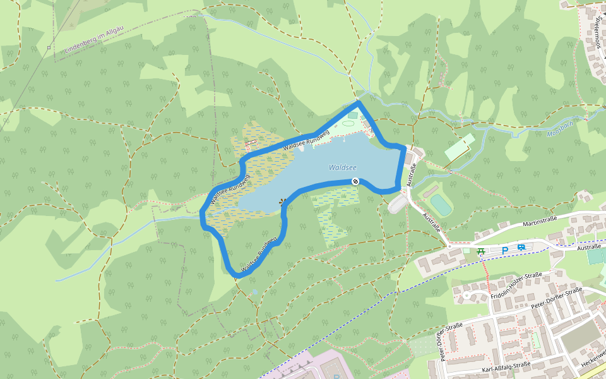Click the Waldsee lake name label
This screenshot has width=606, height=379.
coord(343,167)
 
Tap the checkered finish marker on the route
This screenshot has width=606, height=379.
coord(355,182)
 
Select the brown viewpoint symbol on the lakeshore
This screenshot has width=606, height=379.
coord(282,202)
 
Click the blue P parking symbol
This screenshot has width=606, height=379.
coord(504,251)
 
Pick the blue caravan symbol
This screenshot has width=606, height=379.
coord(521,248)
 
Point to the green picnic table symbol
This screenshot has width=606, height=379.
coord(482,252)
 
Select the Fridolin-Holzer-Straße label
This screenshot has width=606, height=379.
coord(516,286)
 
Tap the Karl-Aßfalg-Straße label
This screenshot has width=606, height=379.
coord(504,369)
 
